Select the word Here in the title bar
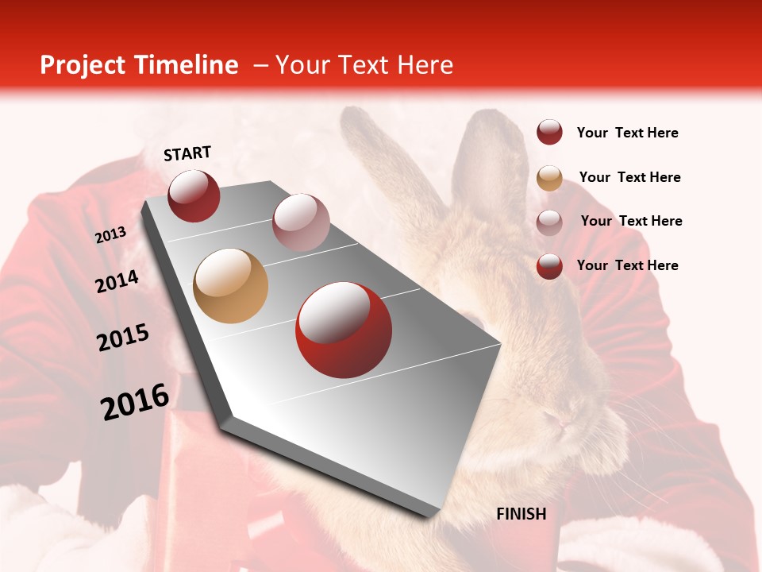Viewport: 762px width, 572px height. pyautogui.click(x=425, y=65)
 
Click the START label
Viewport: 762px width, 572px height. pyautogui.click(x=187, y=153)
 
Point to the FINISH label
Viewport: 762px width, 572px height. pyautogui.click(x=521, y=514)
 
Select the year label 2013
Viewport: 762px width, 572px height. pyautogui.click(x=111, y=235)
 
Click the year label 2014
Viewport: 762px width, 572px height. pyautogui.click(x=117, y=282)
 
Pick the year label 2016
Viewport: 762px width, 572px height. pyautogui.click(x=135, y=402)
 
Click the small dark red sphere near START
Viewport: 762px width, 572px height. pyautogui.click(x=194, y=195)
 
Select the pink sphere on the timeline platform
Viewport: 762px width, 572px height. pyautogui.click(x=301, y=222)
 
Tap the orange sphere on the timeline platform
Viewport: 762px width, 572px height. pyautogui.click(x=230, y=286)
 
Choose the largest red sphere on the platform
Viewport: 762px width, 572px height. pyautogui.click(x=344, y=330)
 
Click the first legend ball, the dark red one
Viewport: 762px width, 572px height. pyautogui.click(x=549, y=133)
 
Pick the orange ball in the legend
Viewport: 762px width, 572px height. pyautogui.click(x=549, y=178)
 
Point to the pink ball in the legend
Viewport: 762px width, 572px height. pyautogui.click(x=549, y=222)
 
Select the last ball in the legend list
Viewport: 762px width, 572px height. pyautogui.click(x=549, y=266)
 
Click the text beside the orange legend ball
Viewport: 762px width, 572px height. pyautogui.click(x=629, y=177)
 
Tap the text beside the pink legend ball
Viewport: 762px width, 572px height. pyautogui.click(x=631, y=221)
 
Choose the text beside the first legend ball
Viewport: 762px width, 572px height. pyautogui.click(x=627, y=133)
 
